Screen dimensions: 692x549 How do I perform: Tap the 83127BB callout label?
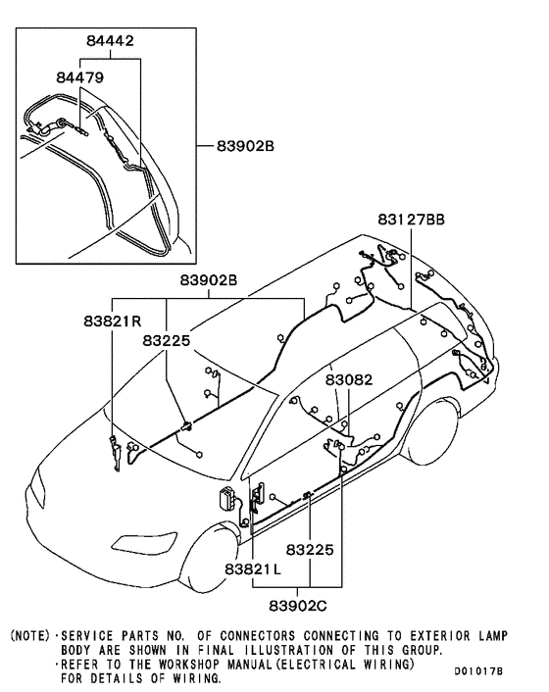click(x=411, y=220)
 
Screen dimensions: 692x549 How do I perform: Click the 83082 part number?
click(x=349, y=377)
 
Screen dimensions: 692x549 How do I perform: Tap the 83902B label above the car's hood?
click(x=208, y=280)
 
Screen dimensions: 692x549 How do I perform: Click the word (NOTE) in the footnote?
click(x=28, y=636)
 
